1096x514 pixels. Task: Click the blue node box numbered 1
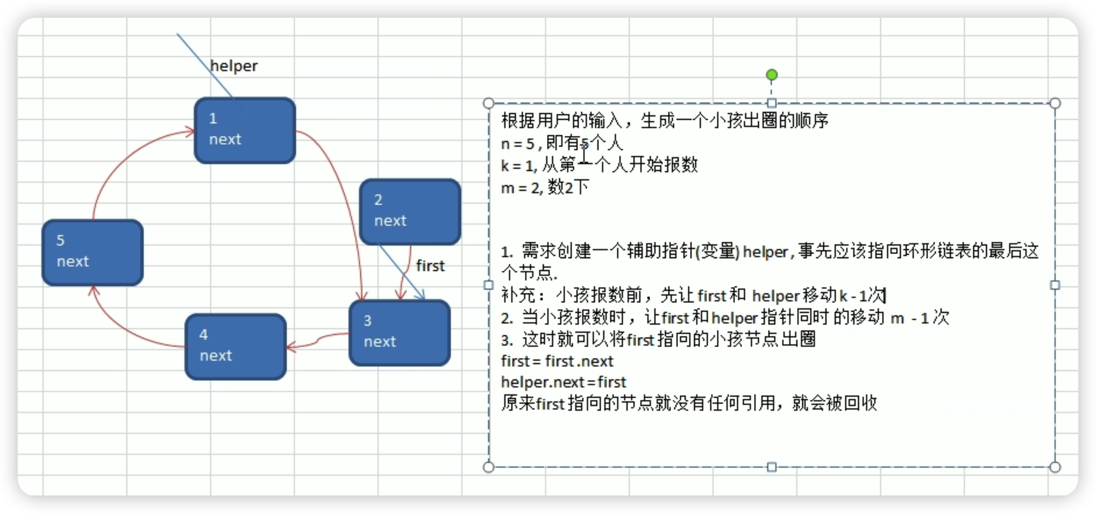[x=245, y=130]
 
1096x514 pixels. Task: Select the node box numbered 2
[x=410, y=212]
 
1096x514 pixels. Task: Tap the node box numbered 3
[x=399, y=333]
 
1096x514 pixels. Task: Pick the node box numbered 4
[x=235, y=347]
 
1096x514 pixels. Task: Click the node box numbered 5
[x=93, y=253]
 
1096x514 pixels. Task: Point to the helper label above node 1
[x=233, y=66]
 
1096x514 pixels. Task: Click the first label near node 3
[x=430, y=266]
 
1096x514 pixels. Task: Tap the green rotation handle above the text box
[x=772, y=75]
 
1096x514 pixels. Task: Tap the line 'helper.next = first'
[x=563, y=382]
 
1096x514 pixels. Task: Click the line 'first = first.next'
[x=557, y=361]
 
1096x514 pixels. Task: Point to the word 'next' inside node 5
[x=73, y=261]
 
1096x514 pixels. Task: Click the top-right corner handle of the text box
[x=1055, y=103]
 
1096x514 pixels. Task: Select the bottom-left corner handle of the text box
[x=488, y=467]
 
